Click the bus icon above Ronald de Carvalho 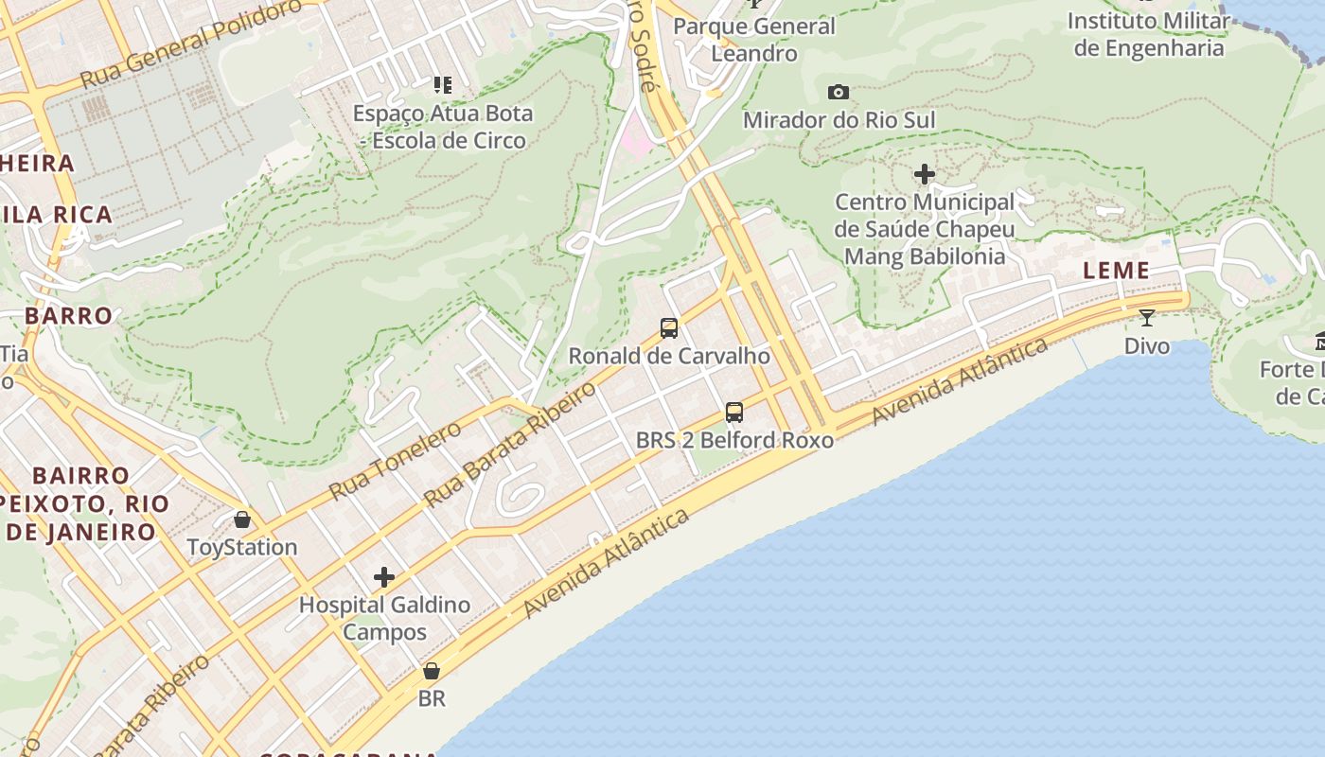(669, 328)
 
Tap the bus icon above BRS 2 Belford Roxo (734, 412)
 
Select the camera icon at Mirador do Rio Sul (838, 92)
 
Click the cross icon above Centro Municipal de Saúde (925, 174)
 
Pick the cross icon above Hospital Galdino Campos (384, 577)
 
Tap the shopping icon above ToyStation (242, 519)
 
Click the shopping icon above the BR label (432, 671)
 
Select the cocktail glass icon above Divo (1147, 317)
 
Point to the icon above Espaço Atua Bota (442, 85)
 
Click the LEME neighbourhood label (1117, 271)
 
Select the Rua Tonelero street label (396, 460)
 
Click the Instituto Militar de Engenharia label (1149, 34)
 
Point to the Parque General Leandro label (754, 40)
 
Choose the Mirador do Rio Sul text (839, 120)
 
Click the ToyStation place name (242, 547)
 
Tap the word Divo (1147, 345)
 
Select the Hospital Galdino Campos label (384, 618)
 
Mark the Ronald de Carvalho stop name (669, 356)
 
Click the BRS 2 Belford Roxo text (734, 440)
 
